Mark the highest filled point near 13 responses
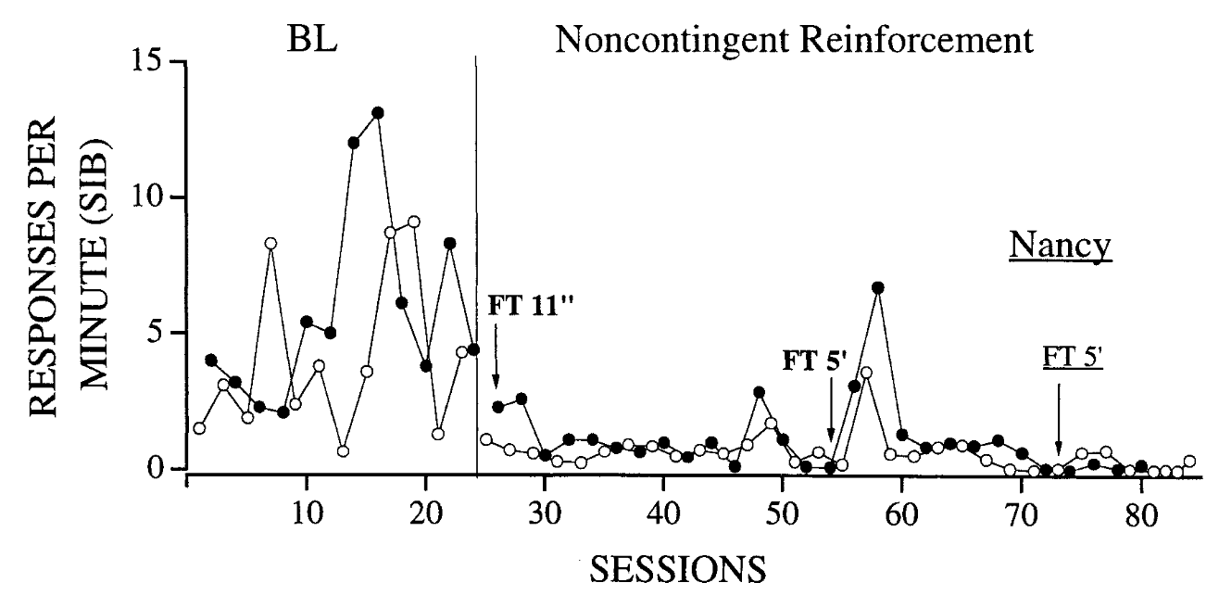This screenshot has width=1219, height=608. pos(377,113)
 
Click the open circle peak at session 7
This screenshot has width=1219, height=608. pos(270,244)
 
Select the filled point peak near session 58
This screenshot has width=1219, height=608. pos(878,287)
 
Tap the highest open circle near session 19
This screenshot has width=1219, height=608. pos(413,222)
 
